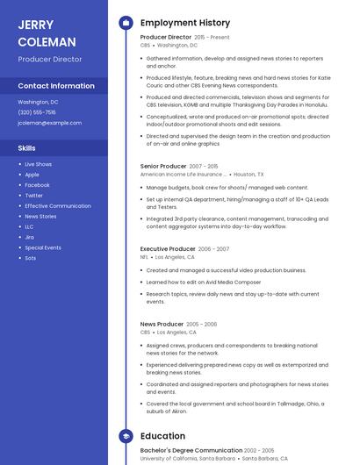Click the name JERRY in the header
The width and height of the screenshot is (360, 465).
coord(36,25)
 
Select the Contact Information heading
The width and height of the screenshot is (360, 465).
coord(56,86)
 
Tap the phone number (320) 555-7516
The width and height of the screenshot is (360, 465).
coord(37,112)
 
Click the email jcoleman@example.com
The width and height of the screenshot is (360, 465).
coord(49,123)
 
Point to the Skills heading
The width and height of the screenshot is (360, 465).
coord(27,148)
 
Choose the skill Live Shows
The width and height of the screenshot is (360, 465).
coord(38,164)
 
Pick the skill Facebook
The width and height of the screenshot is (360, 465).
coord(37,185)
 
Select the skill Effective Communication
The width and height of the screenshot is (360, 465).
coord(58,206)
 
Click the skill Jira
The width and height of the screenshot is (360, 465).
coord(29,237)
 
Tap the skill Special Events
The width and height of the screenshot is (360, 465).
coord(43,247)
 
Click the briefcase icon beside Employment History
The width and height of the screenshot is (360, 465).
coord(126,23)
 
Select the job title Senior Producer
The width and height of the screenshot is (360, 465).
coord(163,166)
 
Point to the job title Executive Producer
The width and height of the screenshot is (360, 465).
coord(168,249)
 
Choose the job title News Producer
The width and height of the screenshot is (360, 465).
coord(162,324)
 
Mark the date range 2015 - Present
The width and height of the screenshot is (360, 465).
coord(212,38)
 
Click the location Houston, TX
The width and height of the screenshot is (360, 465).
coord(248,175)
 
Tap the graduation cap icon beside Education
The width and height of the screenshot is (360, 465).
coord(126,436)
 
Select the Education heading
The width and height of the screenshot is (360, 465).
coord(162,436)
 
